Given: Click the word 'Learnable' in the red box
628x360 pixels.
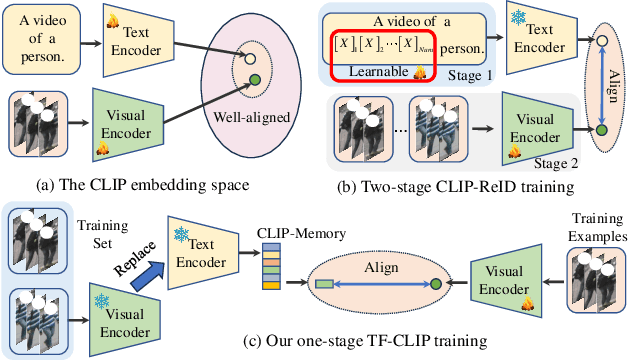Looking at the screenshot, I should tap(377, 69).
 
